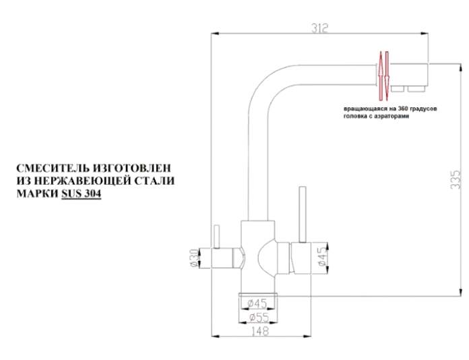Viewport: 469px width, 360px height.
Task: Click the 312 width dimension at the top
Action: [x=320, y=28]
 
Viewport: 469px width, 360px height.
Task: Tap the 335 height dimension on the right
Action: [x=456, y=179]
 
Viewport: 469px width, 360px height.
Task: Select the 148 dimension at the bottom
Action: [x=259, y=331]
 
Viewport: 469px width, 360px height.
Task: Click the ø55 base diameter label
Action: [x=259, y=318]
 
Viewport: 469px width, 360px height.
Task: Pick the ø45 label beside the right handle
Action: [x=322, y=257]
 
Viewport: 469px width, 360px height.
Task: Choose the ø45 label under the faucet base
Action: [x=257, y=304]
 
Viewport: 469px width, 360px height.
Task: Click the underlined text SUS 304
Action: [x=81, y=194]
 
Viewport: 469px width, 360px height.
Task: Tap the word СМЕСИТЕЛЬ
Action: [x=53, y=168]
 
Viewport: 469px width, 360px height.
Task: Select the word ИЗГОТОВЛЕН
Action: [x=132, y=168]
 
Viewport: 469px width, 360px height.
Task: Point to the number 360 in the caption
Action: [x=404, y=109]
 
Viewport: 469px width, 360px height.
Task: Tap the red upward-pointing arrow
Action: [x=381, y=76]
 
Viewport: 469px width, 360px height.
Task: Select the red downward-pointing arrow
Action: [x=387, y=76]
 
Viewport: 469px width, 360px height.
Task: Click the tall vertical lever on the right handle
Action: [x=303, y=214]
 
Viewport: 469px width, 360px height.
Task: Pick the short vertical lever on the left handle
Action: [x=216, y=237]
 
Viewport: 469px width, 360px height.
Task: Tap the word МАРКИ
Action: [x=37, y=194]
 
